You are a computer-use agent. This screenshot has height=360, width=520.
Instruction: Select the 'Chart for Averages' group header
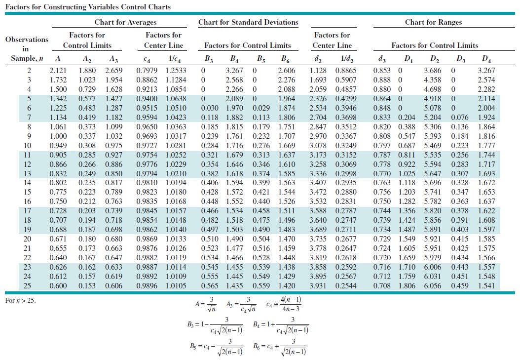point(125,22)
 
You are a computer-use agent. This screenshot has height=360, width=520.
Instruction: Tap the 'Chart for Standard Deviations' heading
point(248,22)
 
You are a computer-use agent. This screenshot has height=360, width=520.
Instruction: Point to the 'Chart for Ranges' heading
point(433,22)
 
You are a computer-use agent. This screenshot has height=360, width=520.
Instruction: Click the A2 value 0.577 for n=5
point(87,98)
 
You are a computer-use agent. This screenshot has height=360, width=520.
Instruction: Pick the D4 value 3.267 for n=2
point(486,70)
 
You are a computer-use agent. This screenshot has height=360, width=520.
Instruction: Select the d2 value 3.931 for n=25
point(318,286)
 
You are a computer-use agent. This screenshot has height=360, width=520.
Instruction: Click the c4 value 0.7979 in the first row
point(146,70)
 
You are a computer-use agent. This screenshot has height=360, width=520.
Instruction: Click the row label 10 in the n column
point(28,145)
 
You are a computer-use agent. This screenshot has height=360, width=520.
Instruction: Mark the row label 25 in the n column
point(28,286)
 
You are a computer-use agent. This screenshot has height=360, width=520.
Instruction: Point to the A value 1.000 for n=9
point(59,136)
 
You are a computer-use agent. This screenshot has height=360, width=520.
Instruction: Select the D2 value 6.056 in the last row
point(433,286)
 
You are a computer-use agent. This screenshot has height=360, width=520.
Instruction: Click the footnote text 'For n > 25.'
point(20,300)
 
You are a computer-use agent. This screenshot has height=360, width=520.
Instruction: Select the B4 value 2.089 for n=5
point(234,98)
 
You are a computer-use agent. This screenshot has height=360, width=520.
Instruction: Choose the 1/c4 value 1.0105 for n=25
point(176,286)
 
